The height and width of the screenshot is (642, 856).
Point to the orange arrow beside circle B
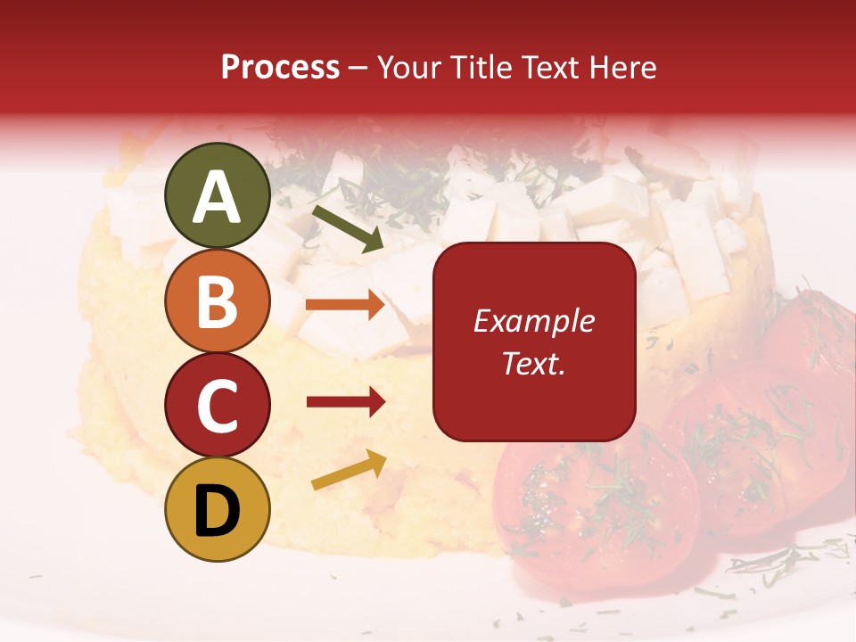click(345, 305)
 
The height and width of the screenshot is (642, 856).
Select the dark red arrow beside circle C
click(345, 402)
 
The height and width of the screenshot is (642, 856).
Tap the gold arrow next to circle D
click(348, 470)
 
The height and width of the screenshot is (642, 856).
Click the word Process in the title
click(280, 68)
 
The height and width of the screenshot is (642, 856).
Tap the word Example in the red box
click(533, 321)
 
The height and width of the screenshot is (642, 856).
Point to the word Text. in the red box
click(533, 363)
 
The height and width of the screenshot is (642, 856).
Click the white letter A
click(217, 197)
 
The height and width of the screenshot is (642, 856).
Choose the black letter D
click(217, 511)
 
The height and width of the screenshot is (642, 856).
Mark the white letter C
click(217, 407)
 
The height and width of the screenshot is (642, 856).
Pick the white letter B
click(217, 300)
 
